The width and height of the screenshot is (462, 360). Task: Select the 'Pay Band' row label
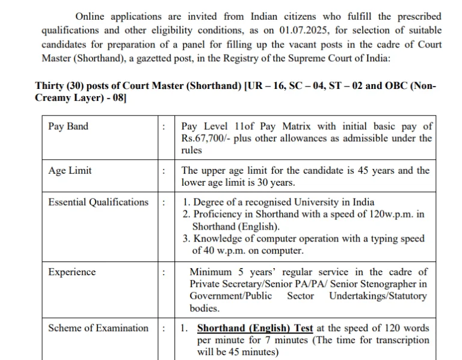click(68, 126)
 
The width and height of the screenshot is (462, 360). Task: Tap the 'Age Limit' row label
click(70, 170)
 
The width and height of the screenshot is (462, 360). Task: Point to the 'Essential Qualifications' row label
click(98, 202)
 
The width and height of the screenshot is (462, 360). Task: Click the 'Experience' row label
click(72, 272)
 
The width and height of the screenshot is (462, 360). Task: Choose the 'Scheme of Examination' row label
click(98, 328)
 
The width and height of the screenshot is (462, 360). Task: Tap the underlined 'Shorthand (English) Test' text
click(255, 328)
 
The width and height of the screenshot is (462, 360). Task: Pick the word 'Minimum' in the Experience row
click(211, 272)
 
